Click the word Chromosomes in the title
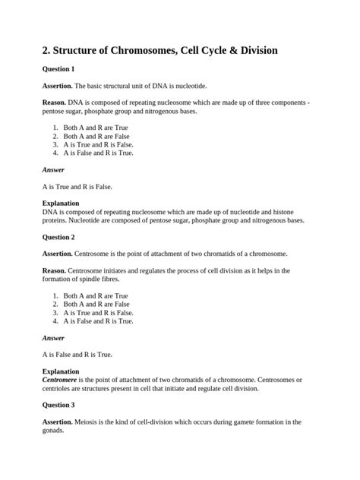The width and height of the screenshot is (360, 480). point(134,50)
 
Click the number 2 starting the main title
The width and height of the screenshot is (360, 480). point(46,50)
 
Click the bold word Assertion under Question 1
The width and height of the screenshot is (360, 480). point(57,87)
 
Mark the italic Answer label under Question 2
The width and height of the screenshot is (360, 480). point(53,337)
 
